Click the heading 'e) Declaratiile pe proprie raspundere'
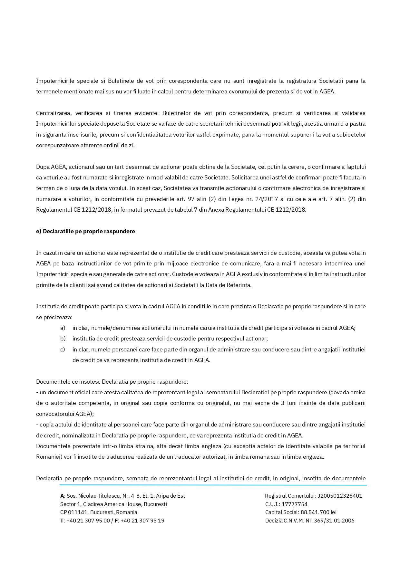pos(85,231)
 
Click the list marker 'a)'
pos(63,328)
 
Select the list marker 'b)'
pos(63,339)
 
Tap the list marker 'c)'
pos(63,350)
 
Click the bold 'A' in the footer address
pos(62,496)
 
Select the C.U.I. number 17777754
pos(294,504)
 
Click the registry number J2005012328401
pos(340,496)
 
